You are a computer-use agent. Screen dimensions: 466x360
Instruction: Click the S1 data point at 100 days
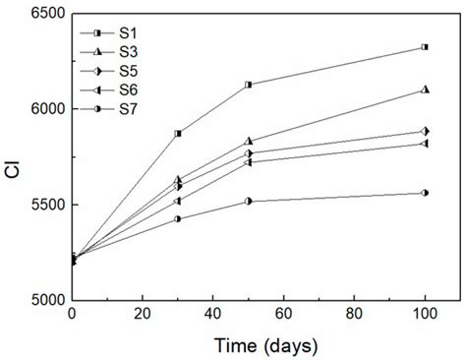pyautogui.click(x=425, y=47)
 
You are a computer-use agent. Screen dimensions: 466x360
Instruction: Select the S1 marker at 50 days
pyautogui.click(x=249, y=85)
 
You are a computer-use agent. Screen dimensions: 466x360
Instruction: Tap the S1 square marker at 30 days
pyautogui.click(x=178, y=134)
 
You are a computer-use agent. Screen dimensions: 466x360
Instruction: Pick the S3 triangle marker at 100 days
pyautogui.click(x=425, y=90)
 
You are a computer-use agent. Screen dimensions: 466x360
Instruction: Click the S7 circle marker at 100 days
pyautogui.click(x=425, y=193)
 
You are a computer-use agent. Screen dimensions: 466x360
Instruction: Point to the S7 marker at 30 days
pyautogui.click(x=178, y=219)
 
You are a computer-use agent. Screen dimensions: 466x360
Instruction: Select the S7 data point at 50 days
pyautogui.click(x=249, y=202)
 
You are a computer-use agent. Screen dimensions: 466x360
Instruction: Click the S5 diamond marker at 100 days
pyautogui.click(x=425, y=132)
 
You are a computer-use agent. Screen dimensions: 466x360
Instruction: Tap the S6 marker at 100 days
pyautogui.click(x=425, y=144)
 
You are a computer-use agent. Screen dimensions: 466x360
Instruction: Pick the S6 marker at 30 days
pyautogui.click(x=177, y=201)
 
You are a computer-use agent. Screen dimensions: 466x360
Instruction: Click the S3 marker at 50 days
pyautogui.click(x=249, y=141)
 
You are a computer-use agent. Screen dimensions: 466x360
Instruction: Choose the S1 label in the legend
pyautogui.click(x=128, y=33)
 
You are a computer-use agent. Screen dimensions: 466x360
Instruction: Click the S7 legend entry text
pyautogui.click(x=128, y=109)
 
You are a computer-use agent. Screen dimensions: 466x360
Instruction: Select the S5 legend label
pyautogui.click(x=128, y=71)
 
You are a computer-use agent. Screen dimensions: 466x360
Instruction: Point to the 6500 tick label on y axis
pyautogui.click(x=47, y=14)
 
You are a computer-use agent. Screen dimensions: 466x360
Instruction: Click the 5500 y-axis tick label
pyautogui.click(x=47, y=205)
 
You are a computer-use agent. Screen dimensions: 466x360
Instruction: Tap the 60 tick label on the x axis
pyautogui.click(x=283, y=314)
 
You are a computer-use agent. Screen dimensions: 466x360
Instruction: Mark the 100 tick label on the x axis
pyautogui.click(x=425, y=314)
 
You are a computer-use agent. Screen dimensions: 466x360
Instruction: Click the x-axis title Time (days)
pyautogui.click(x=265, y=346)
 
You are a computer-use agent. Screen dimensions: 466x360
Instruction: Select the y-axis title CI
pyautogui.click(x=14, y=169)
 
